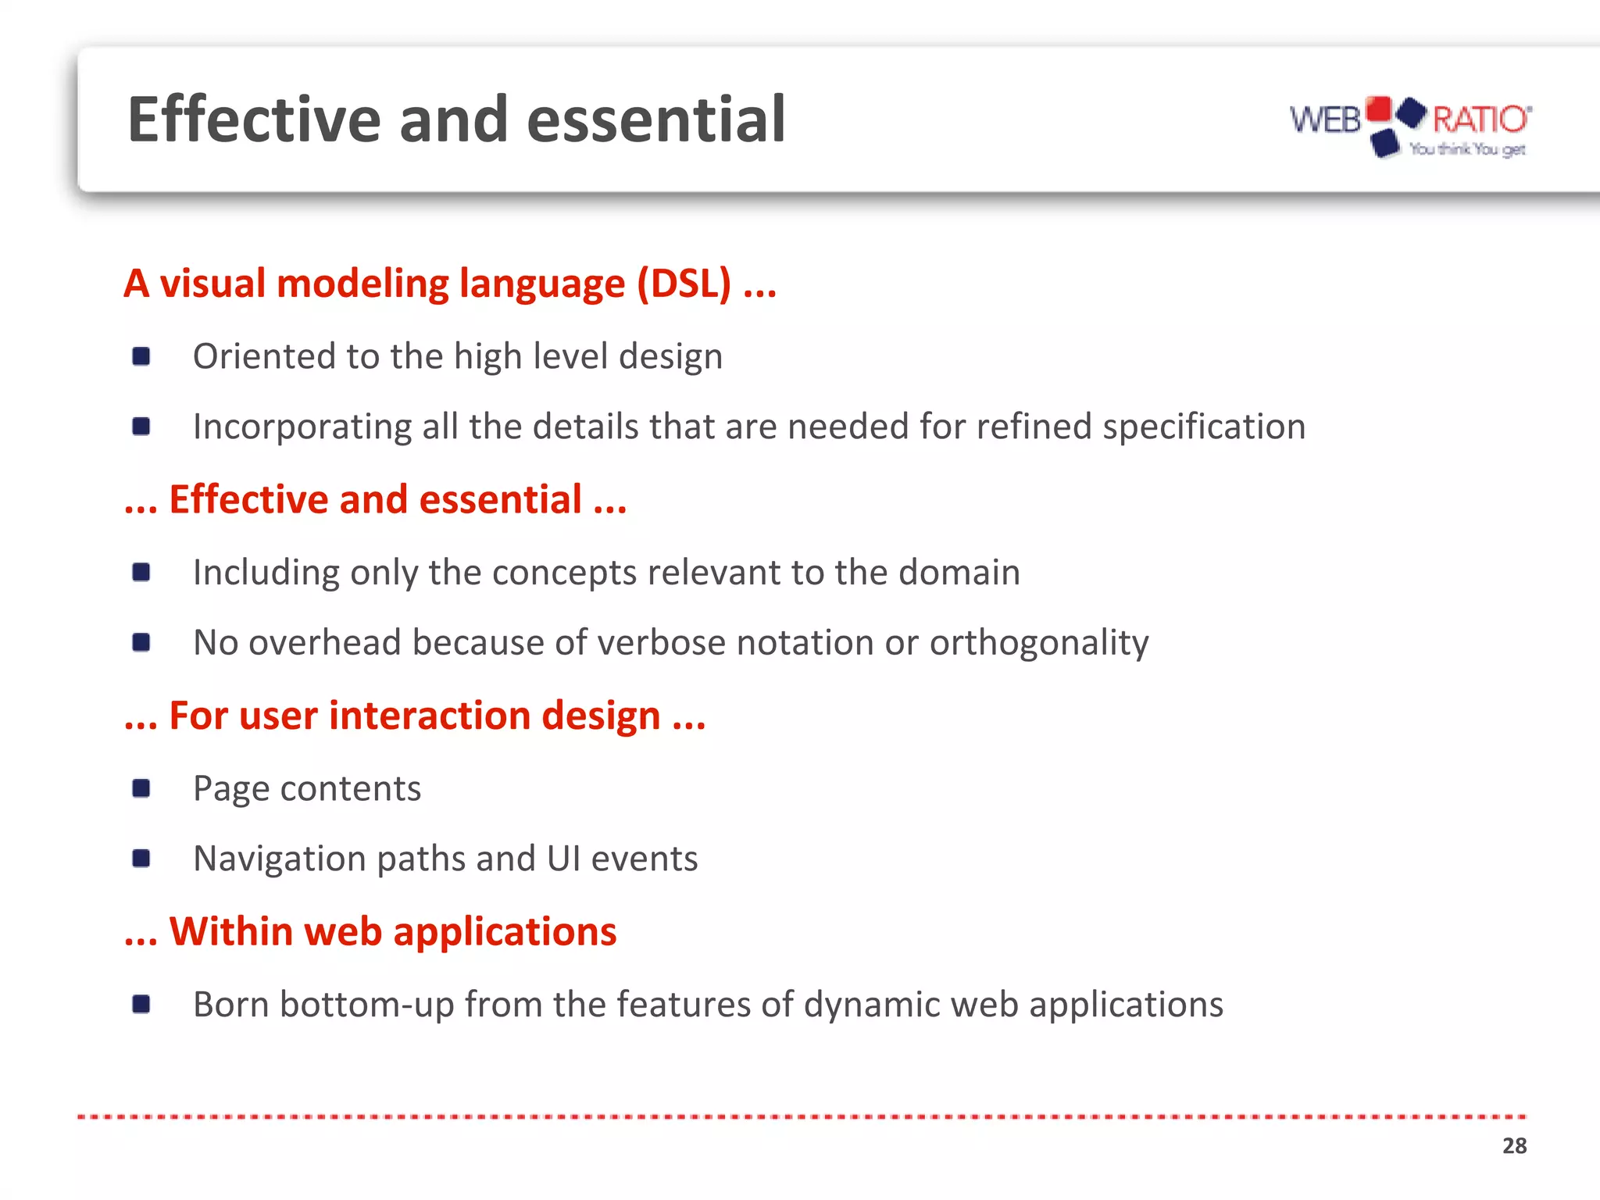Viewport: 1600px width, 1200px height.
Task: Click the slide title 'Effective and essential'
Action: click(x=456, y=120)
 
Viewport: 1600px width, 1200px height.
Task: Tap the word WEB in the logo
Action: click(x=1325, y=120)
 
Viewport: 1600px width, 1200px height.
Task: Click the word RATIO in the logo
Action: click(x=1480, y=120)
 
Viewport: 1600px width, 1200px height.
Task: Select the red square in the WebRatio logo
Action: click(x=1379, y=109)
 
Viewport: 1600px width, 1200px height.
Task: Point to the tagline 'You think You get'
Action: click(x=1467, y=148)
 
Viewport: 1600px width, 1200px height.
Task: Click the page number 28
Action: click(x=1514, y=1145)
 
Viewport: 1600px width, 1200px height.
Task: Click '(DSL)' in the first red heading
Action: click(x=684, y=283)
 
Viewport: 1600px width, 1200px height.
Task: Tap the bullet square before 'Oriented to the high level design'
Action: click(x=141, y=356)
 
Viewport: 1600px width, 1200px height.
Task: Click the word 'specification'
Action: click(x=1204, y=427)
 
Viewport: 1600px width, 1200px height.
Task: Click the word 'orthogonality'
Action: click(x=1039, y=643)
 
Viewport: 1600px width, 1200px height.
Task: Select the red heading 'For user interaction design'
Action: click(x=415, y=716)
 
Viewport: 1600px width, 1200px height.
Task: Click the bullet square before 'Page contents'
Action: click(x=141, y=788)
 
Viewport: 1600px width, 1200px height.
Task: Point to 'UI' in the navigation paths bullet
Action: click(x=562, y=858)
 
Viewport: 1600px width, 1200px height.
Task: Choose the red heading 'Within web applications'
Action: click(x=392, y=931)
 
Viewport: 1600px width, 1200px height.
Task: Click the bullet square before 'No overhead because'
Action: click(x=141, y=642)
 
